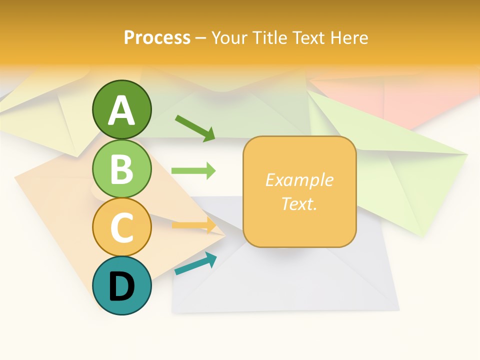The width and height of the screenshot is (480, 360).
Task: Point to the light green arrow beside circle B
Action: pos(193,171)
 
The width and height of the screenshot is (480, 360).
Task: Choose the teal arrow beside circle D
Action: pos(195,263)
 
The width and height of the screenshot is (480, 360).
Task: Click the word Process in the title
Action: pos(157,38)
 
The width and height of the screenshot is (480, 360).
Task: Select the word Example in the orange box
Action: pos(299,180)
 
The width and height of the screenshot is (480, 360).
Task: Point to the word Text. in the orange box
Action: pos(299,203)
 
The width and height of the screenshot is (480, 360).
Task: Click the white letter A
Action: pos(121,110)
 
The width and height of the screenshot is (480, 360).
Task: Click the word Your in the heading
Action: pos(229,38)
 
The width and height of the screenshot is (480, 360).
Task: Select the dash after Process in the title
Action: pos(201,38)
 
